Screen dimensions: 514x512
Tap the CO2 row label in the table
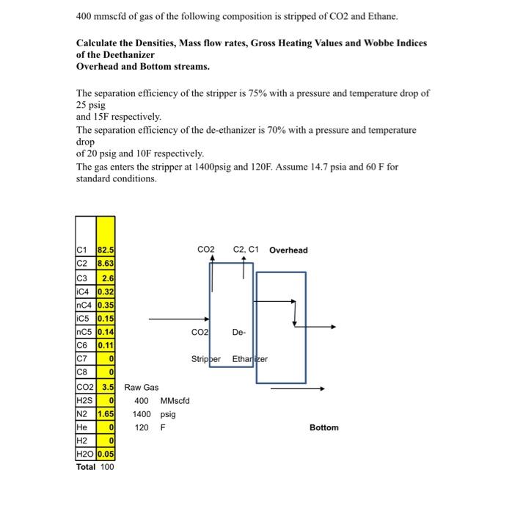(x=85, y=387)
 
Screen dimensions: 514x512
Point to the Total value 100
(x=106, y=466)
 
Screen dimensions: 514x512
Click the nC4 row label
(x=85, y=305)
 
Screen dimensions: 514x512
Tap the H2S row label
(x=85, y=401)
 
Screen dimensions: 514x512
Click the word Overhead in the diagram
(x=288, y=250)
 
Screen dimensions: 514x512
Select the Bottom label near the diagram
(x=324, y=427)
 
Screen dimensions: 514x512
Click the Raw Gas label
(x=142, y=387)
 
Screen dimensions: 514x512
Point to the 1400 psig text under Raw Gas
(x=153, y=414)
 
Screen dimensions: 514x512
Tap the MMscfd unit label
(x=175, y=401)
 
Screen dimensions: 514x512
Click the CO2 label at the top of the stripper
(x=206, y=250)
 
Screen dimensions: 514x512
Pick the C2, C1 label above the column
(x=246, y=250)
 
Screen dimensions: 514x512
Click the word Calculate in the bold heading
(x=101, y=44)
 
